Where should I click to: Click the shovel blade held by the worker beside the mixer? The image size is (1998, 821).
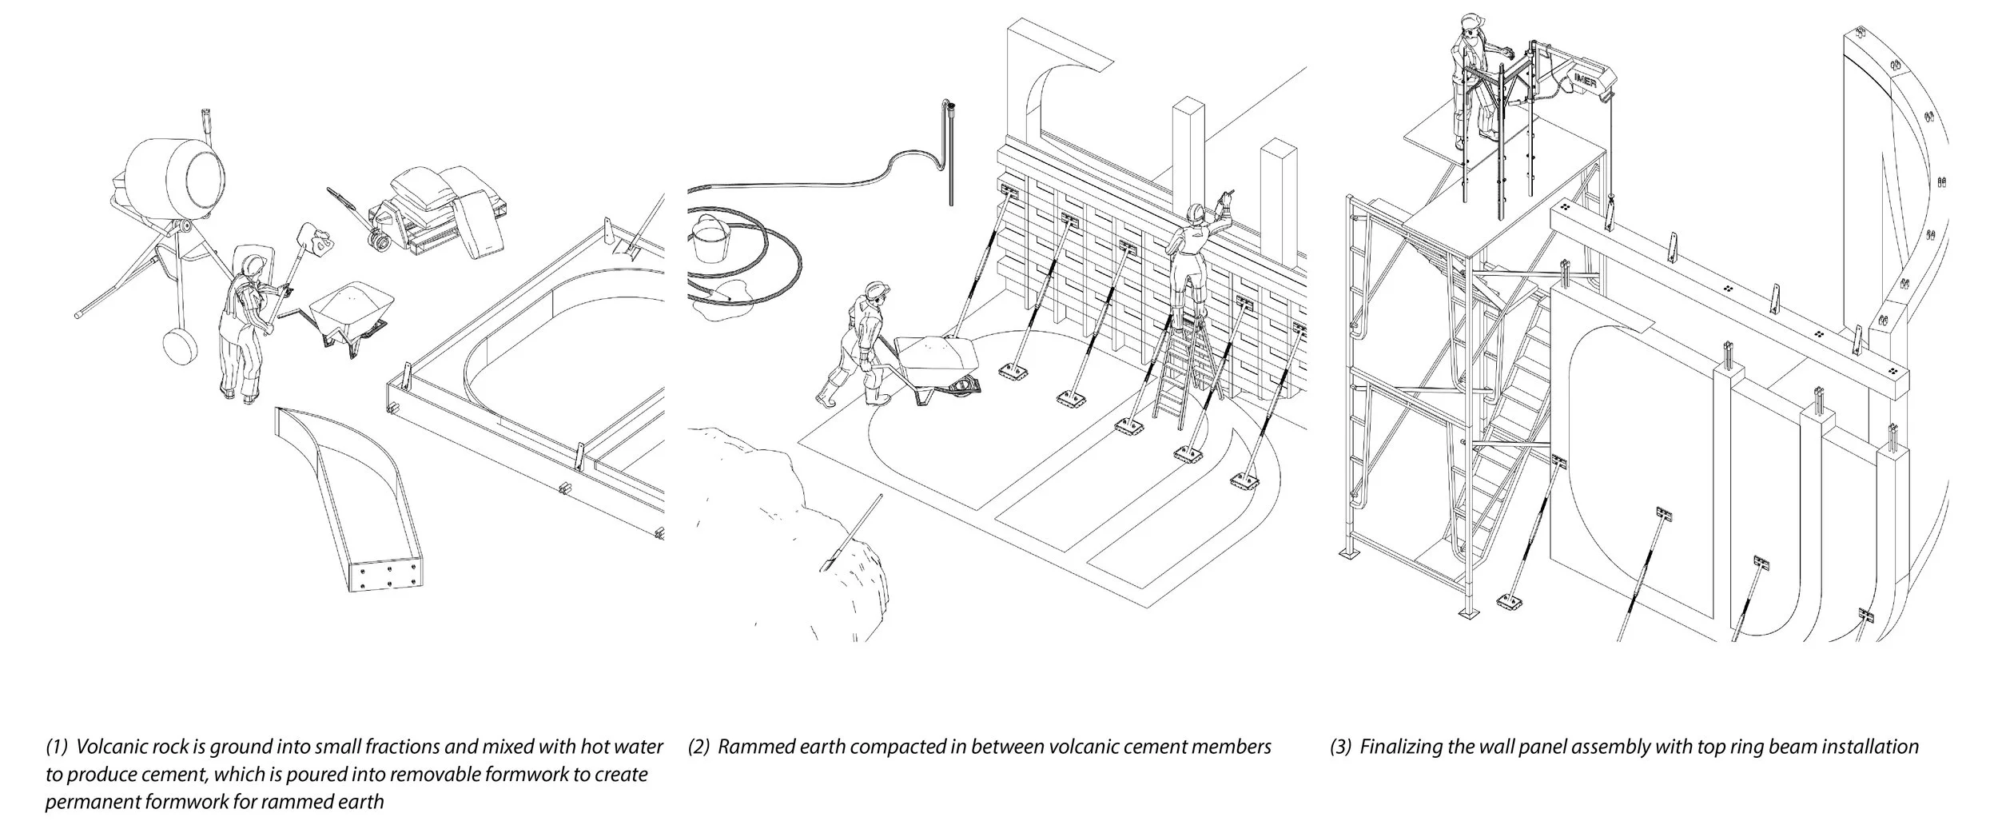tap(310, 235)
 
